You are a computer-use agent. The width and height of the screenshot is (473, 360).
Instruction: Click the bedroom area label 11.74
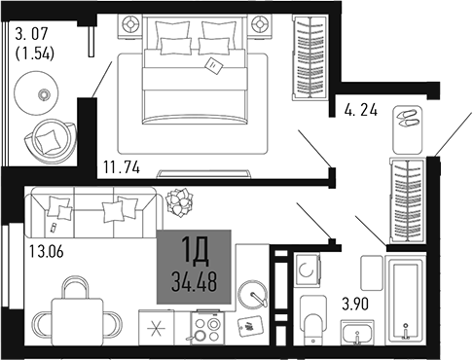point(121,167)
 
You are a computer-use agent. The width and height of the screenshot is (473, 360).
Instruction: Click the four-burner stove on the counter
point(206,325)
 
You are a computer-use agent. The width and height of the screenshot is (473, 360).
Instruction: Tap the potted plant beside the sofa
point(179,202)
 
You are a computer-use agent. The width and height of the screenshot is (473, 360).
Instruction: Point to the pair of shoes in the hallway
point(407,124)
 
